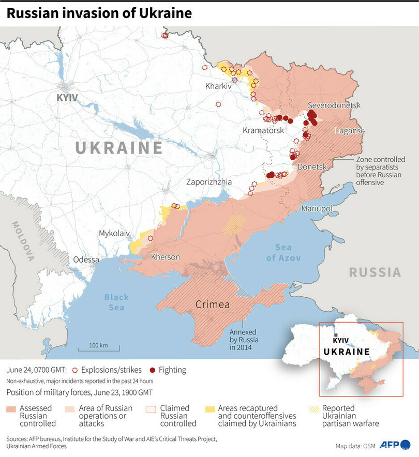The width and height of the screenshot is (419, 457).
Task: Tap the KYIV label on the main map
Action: [x=68, y=97]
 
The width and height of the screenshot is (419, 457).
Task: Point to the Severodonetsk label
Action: [x=334, y=105]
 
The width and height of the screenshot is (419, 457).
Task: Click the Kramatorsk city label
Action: [x=263, y=131]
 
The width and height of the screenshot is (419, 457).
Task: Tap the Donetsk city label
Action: [x=312, y=167]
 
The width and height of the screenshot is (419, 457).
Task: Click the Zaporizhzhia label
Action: [x=209, y=182]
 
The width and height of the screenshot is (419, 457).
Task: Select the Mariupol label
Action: [x=316, y=208]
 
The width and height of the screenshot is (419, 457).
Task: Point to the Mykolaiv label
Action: [x=114, y=233]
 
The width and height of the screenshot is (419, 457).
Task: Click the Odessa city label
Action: [x=86, y=260]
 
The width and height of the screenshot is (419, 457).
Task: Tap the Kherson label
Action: [x=166, y=257]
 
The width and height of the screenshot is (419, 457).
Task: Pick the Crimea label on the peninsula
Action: [x=212, y=304]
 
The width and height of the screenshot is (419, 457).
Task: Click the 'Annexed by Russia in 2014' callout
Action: [x=244, y=340]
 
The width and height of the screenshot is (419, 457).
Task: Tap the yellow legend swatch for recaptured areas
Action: [x=211, y=409]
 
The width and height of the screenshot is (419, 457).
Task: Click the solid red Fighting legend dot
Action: [x=153, y=370]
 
